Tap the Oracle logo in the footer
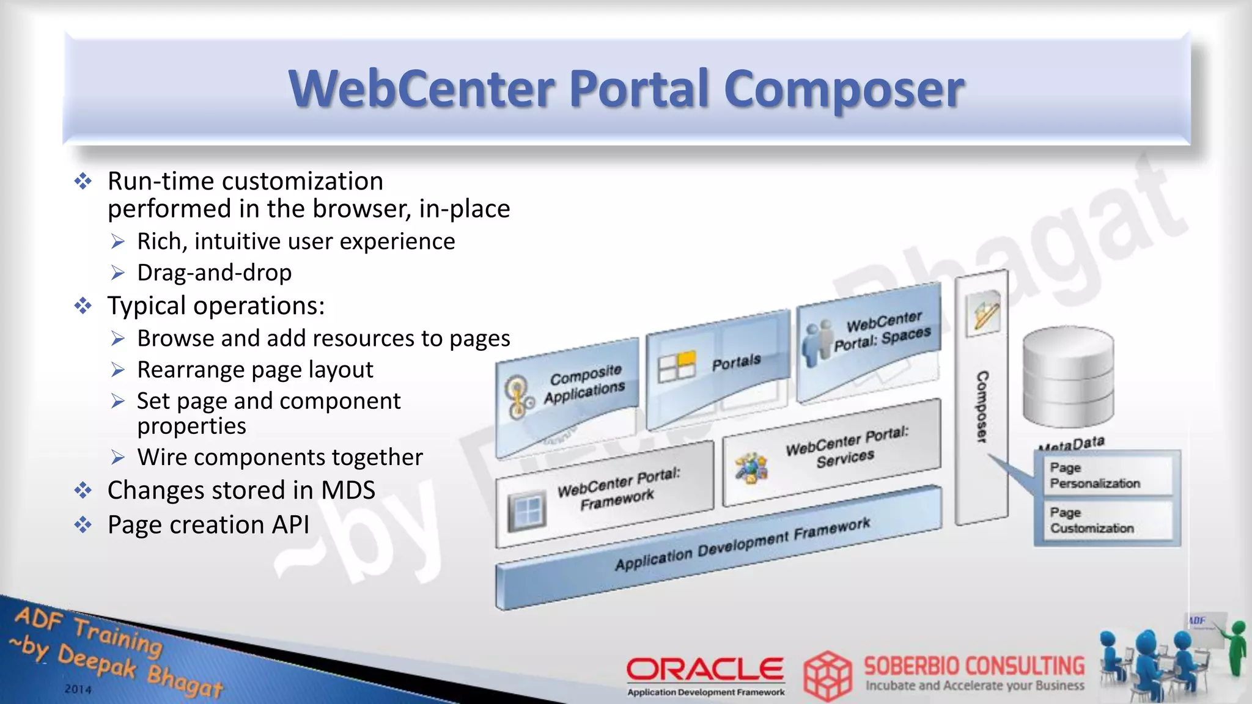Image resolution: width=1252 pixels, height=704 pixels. tap(705, 669)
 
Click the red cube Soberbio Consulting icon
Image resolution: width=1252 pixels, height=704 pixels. tap(828, 676)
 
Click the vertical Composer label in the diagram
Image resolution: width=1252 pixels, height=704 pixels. tap(982, 406)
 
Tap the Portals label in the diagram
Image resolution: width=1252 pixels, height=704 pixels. tap(736, 362)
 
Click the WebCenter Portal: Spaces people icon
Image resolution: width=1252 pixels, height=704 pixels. tap(817, 343)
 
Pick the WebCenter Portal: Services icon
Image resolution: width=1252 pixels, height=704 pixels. tap(751, 469)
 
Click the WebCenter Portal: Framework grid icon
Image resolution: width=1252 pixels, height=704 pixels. tap(526, 510)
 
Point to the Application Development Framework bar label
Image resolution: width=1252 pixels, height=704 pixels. tap(742, 543)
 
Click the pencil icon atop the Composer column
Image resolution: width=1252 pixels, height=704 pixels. tap(983, 312)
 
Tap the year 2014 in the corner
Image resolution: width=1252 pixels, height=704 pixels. tap(78, 689)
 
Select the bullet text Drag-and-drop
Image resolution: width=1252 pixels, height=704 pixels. tap(214, 273)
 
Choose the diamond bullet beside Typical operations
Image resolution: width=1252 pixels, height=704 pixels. tap(83, 306)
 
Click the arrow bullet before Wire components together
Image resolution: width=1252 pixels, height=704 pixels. tap(118, 457)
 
